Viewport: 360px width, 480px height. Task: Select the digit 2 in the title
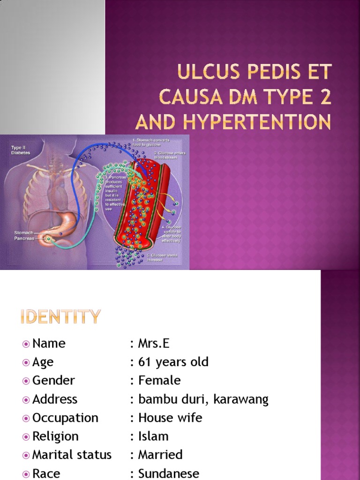click(325, 98)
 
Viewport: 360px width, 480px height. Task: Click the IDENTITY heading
click(60, 317)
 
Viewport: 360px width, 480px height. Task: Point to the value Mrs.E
click(154, 344)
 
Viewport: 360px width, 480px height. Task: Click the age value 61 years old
click(173, 362)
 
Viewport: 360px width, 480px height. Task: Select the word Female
click(159, 380)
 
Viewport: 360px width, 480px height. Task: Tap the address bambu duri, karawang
click(203, 399)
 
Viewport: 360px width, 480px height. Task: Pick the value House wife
click(170, 418)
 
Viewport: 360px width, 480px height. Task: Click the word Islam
click(153, 436)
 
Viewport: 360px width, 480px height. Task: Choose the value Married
click(160, 455)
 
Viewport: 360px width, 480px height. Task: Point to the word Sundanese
click(168, 473)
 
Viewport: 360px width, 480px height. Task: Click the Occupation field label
click(65, 418)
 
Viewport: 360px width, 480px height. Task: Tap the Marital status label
click(72, 455)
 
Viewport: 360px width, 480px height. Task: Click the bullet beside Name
click(26, 344)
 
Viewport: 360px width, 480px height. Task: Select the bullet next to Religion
click(26, 437)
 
